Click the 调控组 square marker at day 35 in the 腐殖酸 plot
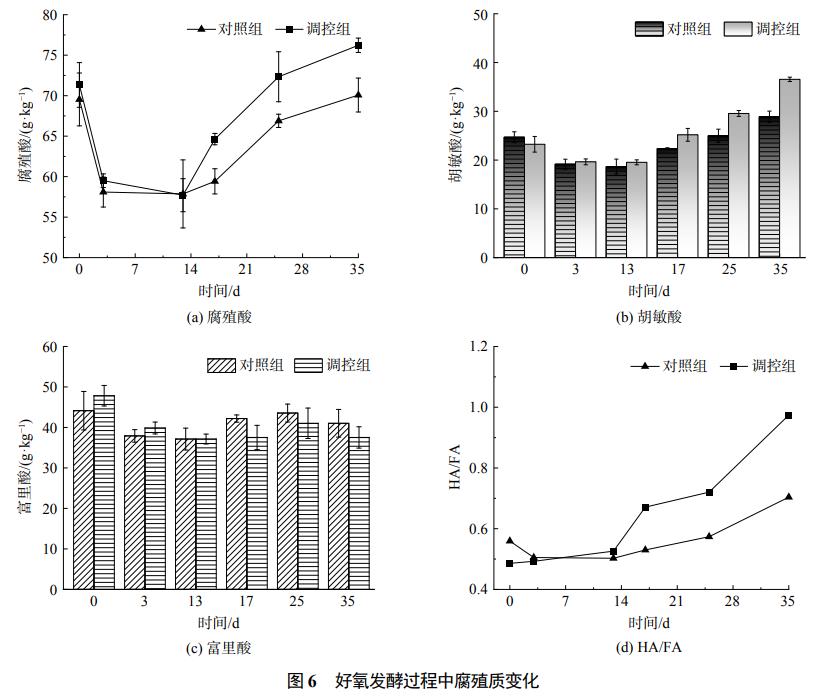point(358,46)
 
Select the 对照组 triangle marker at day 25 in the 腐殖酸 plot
point(278,120)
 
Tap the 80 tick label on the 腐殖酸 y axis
point(49,16)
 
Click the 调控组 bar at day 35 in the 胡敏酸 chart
point(790,168)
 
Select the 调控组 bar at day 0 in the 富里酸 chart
point(104,492)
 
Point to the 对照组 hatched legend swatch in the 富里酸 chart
point(220,365)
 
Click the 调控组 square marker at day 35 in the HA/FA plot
point(788,415)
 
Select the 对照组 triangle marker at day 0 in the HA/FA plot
point(510,540)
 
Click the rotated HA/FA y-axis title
point(455,468)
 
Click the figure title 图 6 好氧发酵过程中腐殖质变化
point(412,682)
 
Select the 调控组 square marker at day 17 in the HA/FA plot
point(646,507)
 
